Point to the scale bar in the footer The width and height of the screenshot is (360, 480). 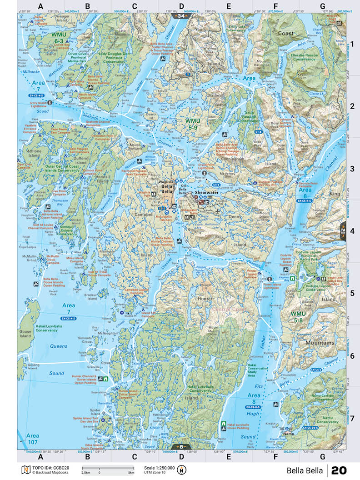[108, 468]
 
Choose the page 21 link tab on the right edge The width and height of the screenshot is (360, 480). [343, 230]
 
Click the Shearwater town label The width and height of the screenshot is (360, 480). [204, 193]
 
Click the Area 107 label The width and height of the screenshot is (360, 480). [32, 438]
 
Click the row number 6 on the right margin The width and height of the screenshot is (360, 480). [352, 355]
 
